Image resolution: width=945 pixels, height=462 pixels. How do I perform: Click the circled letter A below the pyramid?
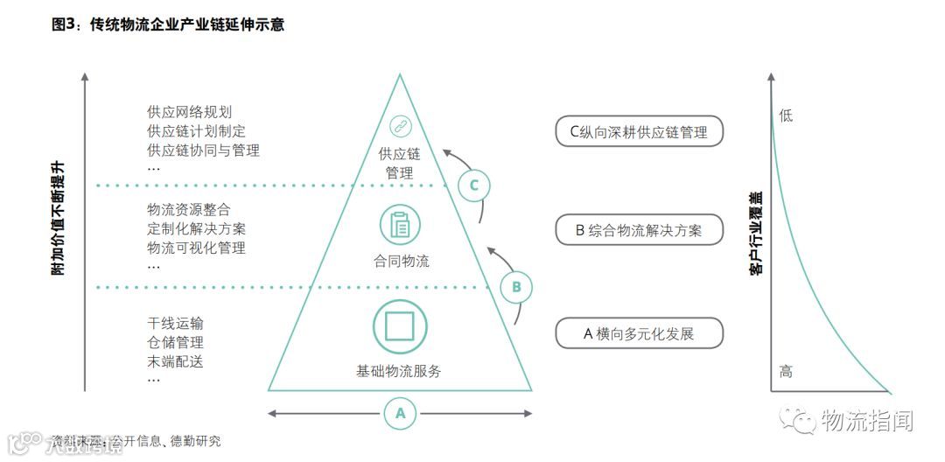pyautogui.click(x=400, y=412)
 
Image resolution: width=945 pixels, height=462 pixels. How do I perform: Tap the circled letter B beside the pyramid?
pyautogui.click(x=516, y=286)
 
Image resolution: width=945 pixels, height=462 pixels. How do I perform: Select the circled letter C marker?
pyautogui.click(x=474, y=185)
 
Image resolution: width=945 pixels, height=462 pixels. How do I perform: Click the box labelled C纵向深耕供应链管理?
pyautogui.click(x=640, y=131)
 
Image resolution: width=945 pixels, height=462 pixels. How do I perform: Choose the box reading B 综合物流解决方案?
pyautogui.click(x=640, y=231)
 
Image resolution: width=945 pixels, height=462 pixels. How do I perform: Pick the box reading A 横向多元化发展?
pyautogui.click(x=640, y=333)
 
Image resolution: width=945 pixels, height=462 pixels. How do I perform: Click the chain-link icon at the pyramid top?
pyautogui.click(x=400, y=127)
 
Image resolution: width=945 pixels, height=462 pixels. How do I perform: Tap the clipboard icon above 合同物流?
pyautogui.click(x=400, y=224)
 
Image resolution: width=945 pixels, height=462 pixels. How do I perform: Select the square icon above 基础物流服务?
pyautogui.click(x=399, y=325)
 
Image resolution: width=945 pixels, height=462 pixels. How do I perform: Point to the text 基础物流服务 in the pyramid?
pyautogui.click(x=399, y=371)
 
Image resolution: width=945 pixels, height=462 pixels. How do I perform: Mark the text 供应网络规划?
pyautogui.click(x=190, y=113)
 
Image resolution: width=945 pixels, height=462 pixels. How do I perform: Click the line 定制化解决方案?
pyautogui.click(x=197, y=228)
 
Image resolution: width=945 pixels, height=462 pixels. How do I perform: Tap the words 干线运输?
pyautogui.click(x=176, y=324)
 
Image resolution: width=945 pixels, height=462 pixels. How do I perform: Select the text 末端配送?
pyautogui.click(x=176, y=361)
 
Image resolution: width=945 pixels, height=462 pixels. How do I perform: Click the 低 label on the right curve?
pyautogui.click(x=786, y=115)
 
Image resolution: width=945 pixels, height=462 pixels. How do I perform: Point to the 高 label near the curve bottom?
pyautogui.click(x=786, y=372)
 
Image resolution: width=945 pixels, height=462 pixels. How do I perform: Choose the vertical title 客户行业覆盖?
pyautogui.click(x=755, y=234)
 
